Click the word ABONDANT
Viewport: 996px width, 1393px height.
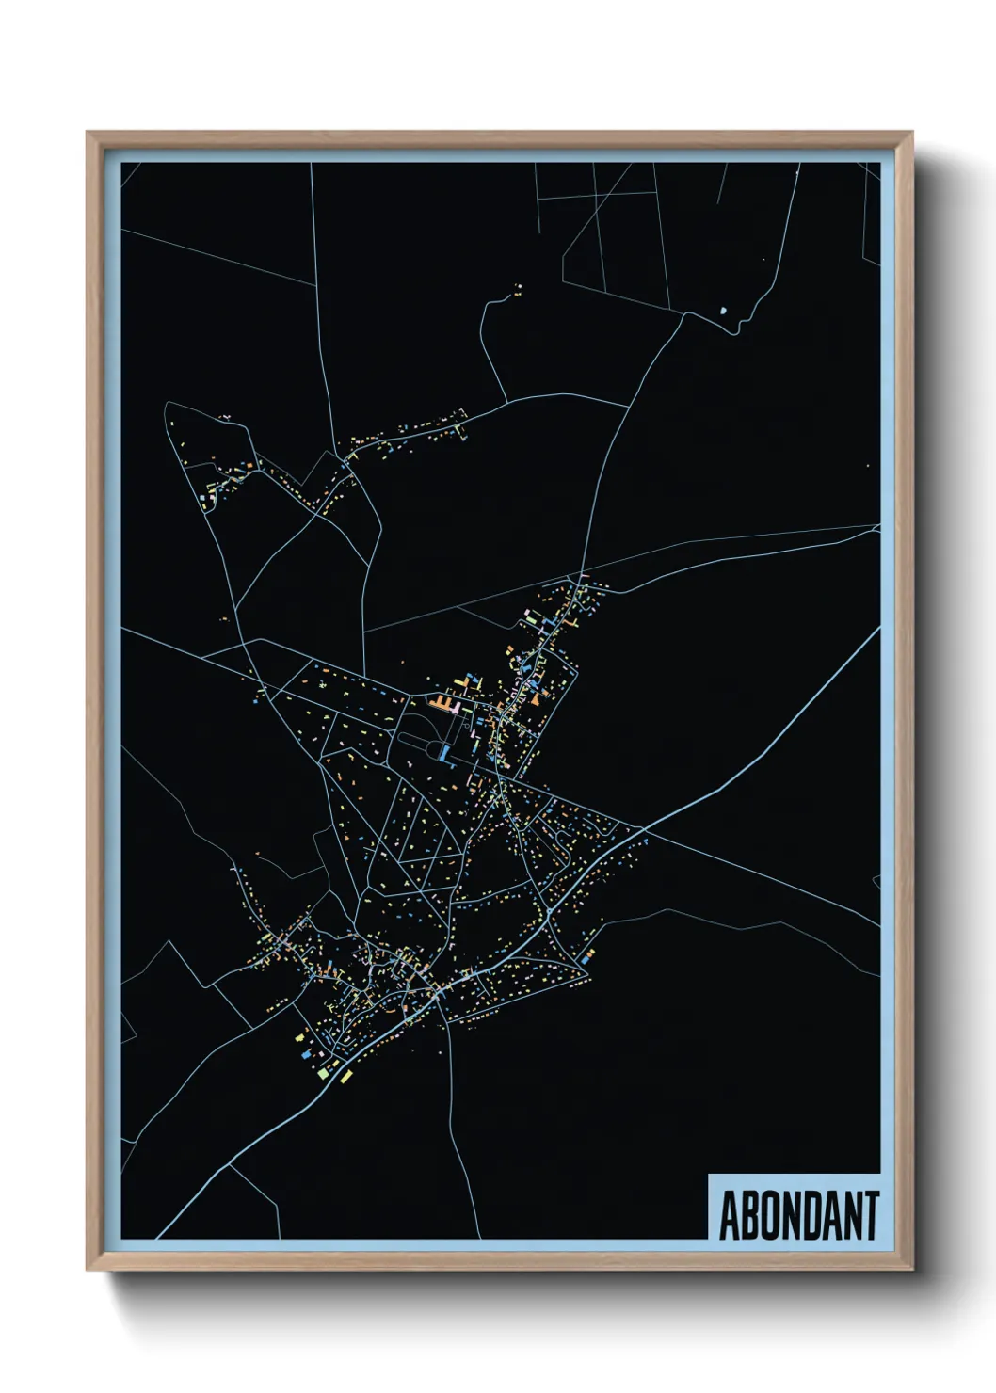click(799, 1215)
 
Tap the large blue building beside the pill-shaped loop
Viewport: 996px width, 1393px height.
click(443, 752)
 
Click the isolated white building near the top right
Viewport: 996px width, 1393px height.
click(723, 309)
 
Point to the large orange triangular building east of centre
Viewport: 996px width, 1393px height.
click(535, 699)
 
